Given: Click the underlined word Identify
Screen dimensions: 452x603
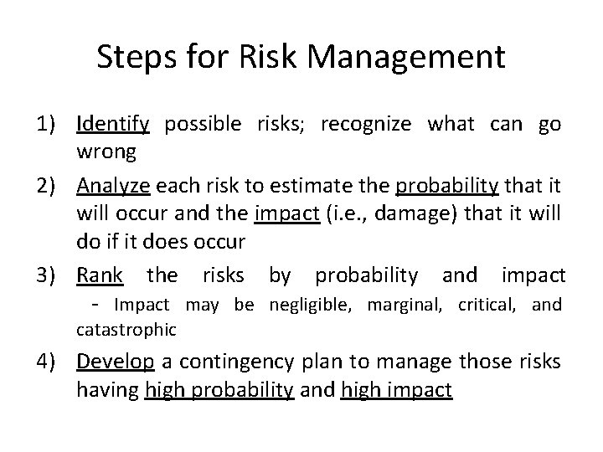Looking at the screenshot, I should click(x=112, y=126).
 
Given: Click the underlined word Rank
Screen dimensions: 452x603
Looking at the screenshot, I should click(x=100, y=275).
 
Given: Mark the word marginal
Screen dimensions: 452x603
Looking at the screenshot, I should click(x=409, y=305).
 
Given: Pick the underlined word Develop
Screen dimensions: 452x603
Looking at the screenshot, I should click(x=115, y=362).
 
